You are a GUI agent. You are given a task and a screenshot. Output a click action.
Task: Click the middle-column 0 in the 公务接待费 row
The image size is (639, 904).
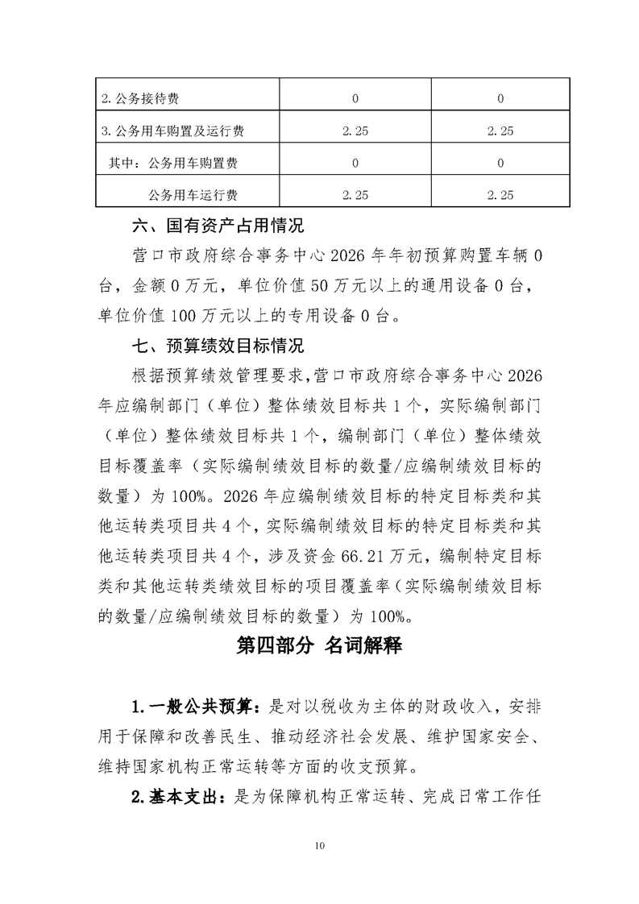(355, 99)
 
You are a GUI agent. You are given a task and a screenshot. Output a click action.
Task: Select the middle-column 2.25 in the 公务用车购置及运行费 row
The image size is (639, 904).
(355, 131)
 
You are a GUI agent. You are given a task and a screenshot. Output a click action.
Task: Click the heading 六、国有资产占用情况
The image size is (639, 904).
(218, 224)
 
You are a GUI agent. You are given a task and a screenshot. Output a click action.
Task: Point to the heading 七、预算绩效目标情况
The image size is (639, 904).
(218, 347)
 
